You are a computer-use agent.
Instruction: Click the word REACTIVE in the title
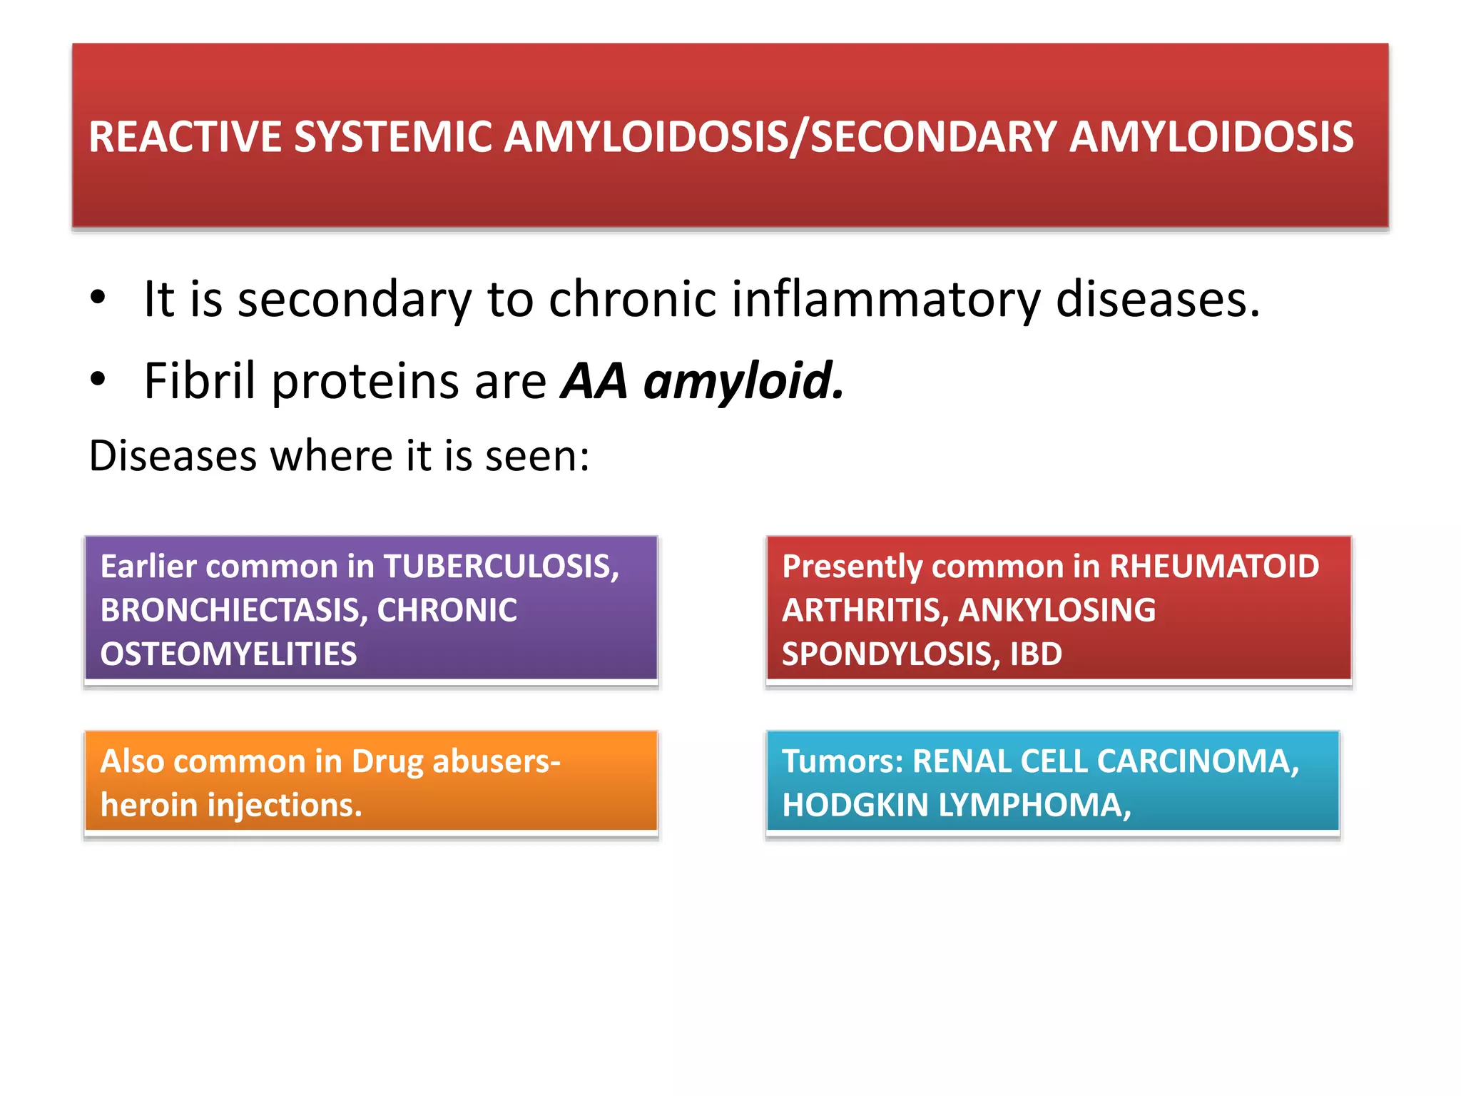(184, 137)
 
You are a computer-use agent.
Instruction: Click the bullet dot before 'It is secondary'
(98, 298)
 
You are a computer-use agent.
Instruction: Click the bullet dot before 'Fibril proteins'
(98, 380)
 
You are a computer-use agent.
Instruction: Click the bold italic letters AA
(594, 381)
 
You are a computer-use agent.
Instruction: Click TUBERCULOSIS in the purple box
(502, 567)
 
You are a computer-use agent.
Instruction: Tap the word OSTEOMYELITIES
(228, 654)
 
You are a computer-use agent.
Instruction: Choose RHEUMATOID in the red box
(1214, 567)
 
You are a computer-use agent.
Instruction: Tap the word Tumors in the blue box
(843, 761)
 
